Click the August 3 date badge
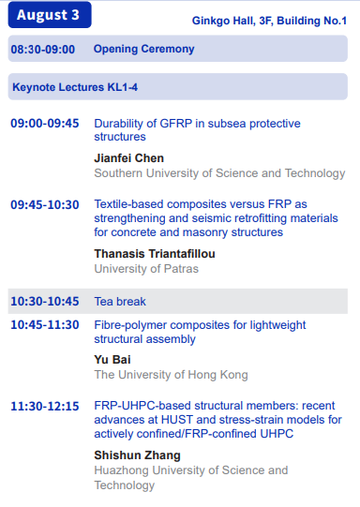50,15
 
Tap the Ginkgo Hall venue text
269,21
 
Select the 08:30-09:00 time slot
43,50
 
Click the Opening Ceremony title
144,49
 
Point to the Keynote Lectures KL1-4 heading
75,87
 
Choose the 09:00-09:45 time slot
45,123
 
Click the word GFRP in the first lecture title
176,124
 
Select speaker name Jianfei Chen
129,158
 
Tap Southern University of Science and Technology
219,173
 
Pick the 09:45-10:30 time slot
45,204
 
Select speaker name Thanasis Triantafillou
155,254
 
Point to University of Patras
146,269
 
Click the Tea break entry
120,302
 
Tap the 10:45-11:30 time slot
45,324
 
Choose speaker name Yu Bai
112,360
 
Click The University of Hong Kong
172,375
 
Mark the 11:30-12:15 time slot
45,406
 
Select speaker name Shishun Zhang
137,455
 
